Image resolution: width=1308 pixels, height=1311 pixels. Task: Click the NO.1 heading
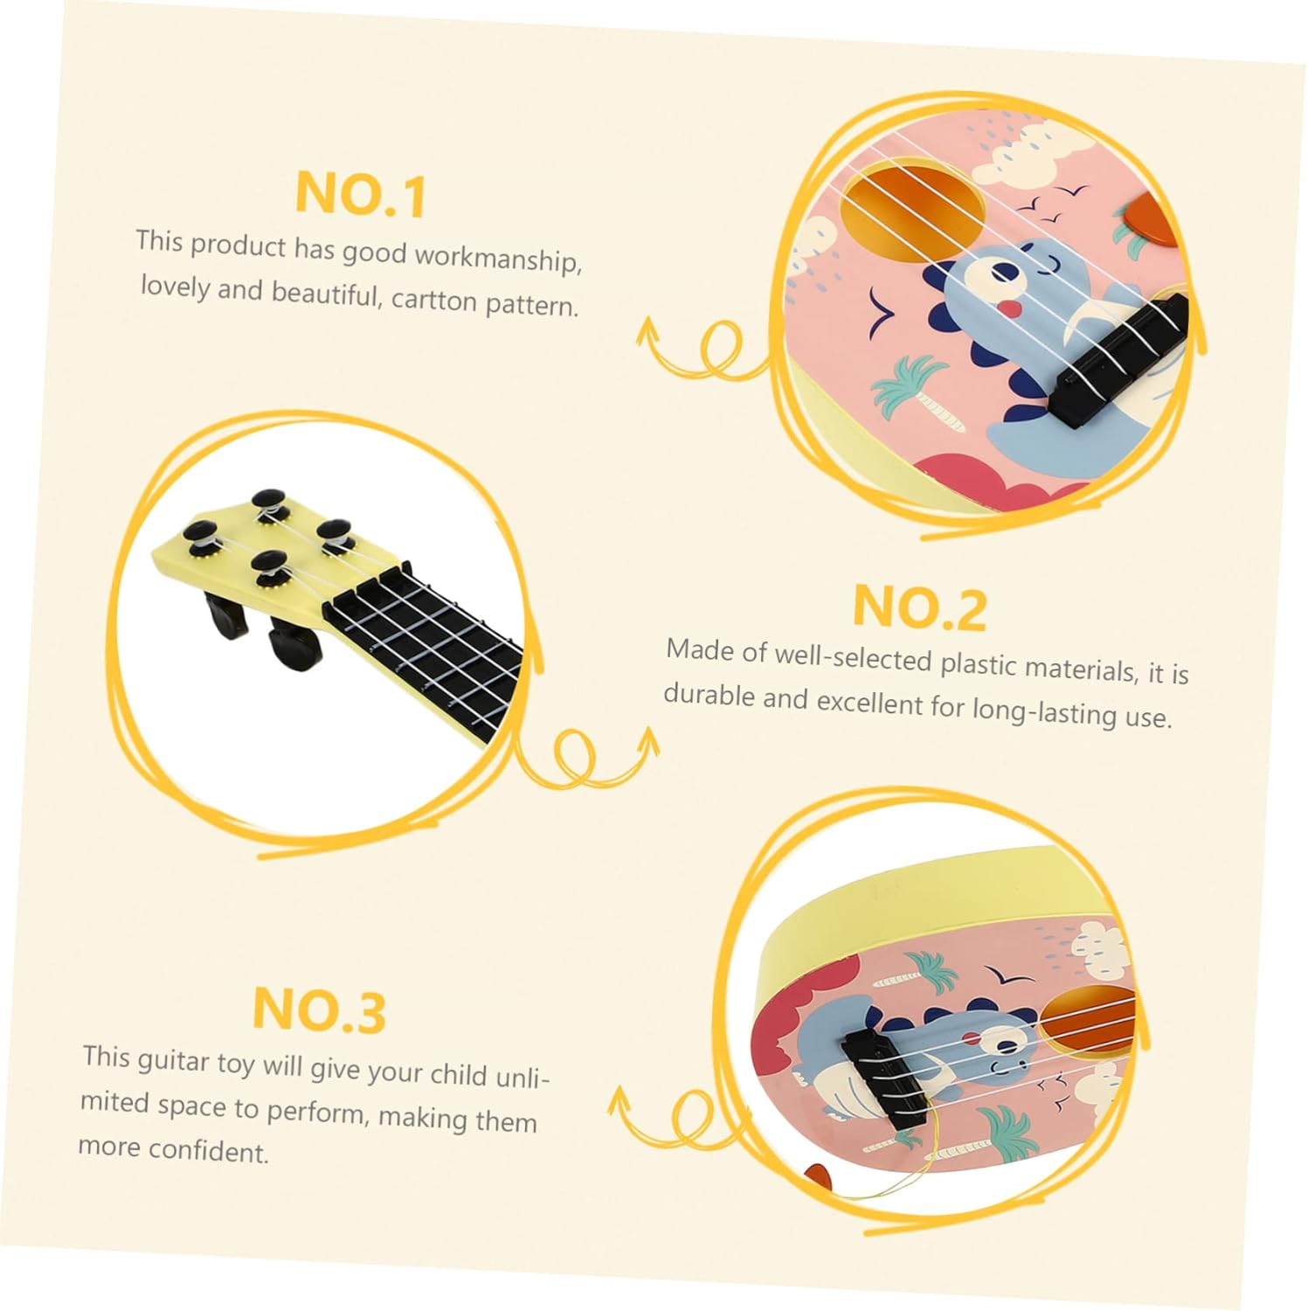360,193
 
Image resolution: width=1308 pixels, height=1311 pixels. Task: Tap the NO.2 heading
919,607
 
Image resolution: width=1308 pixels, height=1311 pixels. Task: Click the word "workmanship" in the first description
498,258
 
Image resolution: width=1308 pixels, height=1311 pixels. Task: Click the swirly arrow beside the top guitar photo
703,350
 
